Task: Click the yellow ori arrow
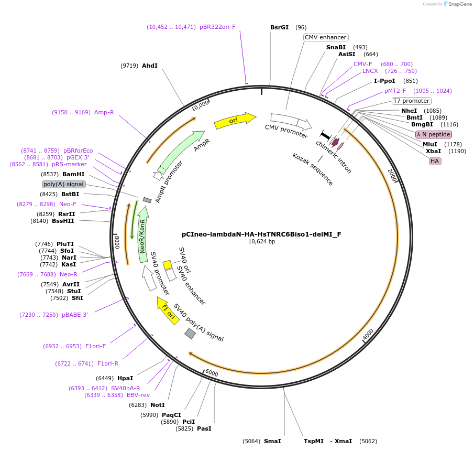click(235, 121)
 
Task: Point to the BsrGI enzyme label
click(279, 27)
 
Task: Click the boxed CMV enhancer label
click(325, 37)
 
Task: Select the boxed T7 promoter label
click(411, 101)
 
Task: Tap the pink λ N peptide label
click(433, 134)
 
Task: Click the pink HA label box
click(435, 161)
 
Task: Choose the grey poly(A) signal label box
click(63, 184)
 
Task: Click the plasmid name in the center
click(261, 234)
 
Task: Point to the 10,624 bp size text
click(261, 242)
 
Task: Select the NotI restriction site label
click(157, 405)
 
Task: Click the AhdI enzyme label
click(149, 66)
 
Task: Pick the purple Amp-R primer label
click(104, 112)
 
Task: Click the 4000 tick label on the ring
click(368, 334)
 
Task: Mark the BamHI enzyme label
click(73, 174)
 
